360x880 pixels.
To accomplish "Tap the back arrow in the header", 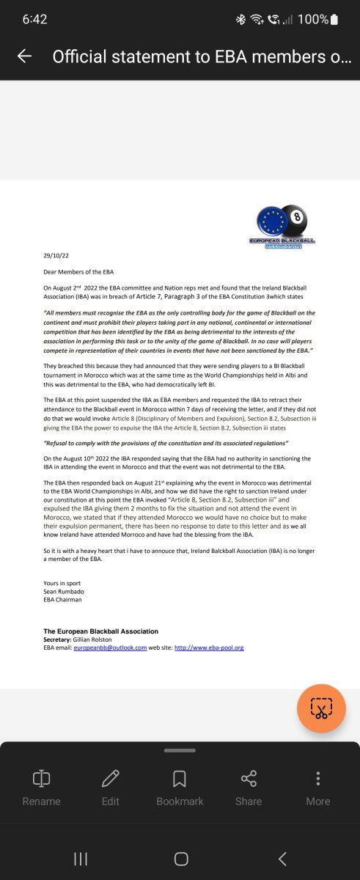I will pyautogui.click(x=24, y=56).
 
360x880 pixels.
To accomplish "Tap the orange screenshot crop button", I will pyautogui.click(x=321, y=708).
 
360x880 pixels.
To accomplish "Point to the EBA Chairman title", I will pyautogui.click(x=63, y=599).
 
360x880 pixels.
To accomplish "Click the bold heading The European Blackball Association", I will pyautogui.click(x=101, y=631).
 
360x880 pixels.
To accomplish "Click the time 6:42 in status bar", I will pyautogui.click(x=34, y=20).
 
